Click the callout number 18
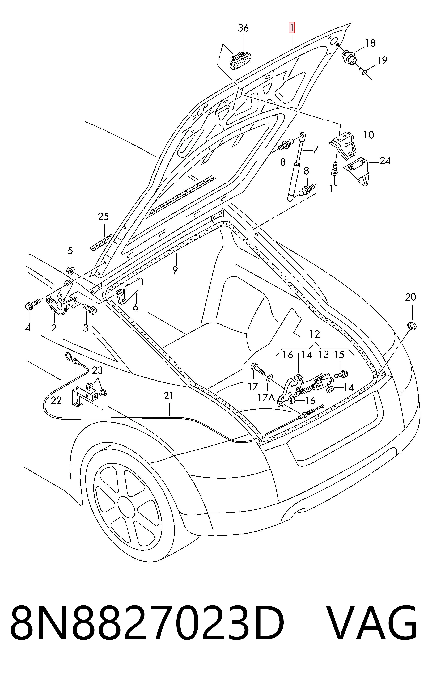(x=370, y=43)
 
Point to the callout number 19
(x=382, y=60)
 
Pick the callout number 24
(x=385, y=161)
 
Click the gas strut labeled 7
(x=295, y=166)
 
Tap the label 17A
(x=266, y=398)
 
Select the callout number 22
(x=56, y=400)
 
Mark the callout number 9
(x=175, y=270)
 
